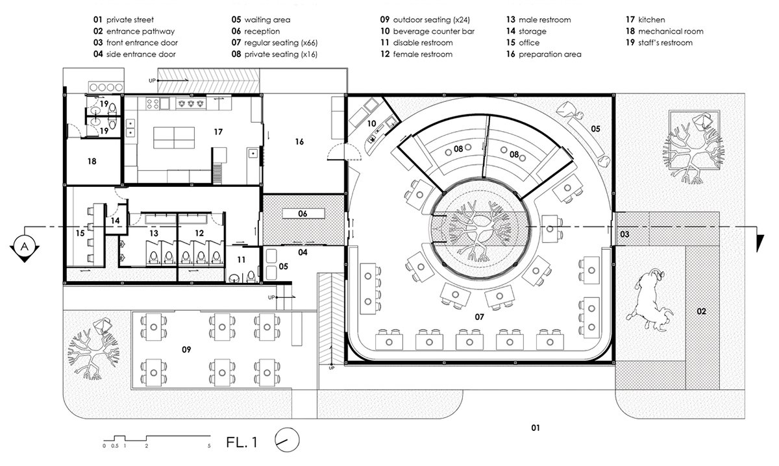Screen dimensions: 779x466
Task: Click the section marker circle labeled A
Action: click(25, 247)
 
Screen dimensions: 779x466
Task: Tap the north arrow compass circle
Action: click(287, 440)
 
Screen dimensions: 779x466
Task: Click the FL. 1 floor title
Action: click(242, 443)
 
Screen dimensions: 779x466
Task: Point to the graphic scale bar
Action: click(157, 438)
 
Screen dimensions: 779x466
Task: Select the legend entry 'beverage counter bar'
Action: click(427, 31)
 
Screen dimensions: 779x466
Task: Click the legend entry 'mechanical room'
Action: click(665, 31)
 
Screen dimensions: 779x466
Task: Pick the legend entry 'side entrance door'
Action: click(134, 55)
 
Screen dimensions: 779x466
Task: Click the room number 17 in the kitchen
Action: click(218, 132)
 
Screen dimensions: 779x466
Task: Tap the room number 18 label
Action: click(92, 162)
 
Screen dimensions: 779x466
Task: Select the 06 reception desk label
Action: click(303, 214)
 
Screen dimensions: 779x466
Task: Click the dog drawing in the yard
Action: click(650, 299)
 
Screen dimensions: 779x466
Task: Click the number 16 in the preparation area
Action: click(299, 142)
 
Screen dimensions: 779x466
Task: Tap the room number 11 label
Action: click(241, 260)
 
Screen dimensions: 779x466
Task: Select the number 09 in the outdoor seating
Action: click(186, 350)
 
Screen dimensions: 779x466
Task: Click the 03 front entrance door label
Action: click(624, 234)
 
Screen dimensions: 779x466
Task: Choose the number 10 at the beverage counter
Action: click(371, 123)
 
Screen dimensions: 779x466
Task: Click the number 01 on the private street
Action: click(536, 428)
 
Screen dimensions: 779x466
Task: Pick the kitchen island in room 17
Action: click(174, 138)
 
